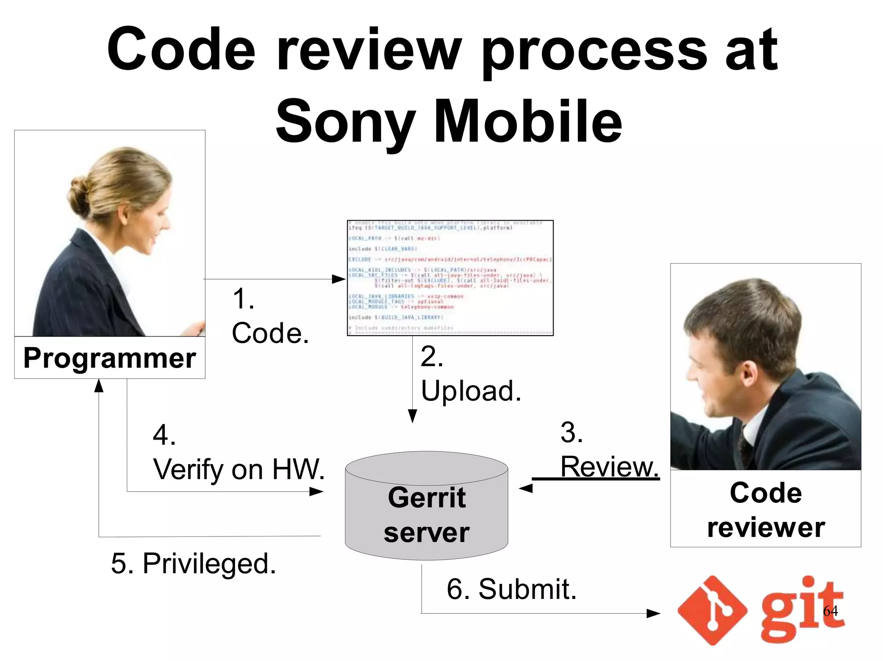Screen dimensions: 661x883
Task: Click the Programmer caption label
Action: tap(110, 358)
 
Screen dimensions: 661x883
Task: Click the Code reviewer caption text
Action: tap(766, 510)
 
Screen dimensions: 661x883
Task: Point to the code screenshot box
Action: tap(450, 278)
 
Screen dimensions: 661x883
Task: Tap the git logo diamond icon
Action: tap(712, 610)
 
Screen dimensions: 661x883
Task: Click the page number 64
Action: tap(830, 611)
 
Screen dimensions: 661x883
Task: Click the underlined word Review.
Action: tap(610, 467)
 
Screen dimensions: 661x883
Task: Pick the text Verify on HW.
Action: tap(239, 469)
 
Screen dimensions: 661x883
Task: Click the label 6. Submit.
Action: tap(511, 589)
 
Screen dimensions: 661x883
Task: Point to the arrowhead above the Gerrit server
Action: tap(412, 416)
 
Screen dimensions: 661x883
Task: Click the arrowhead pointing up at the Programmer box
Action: tap(99, 386)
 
